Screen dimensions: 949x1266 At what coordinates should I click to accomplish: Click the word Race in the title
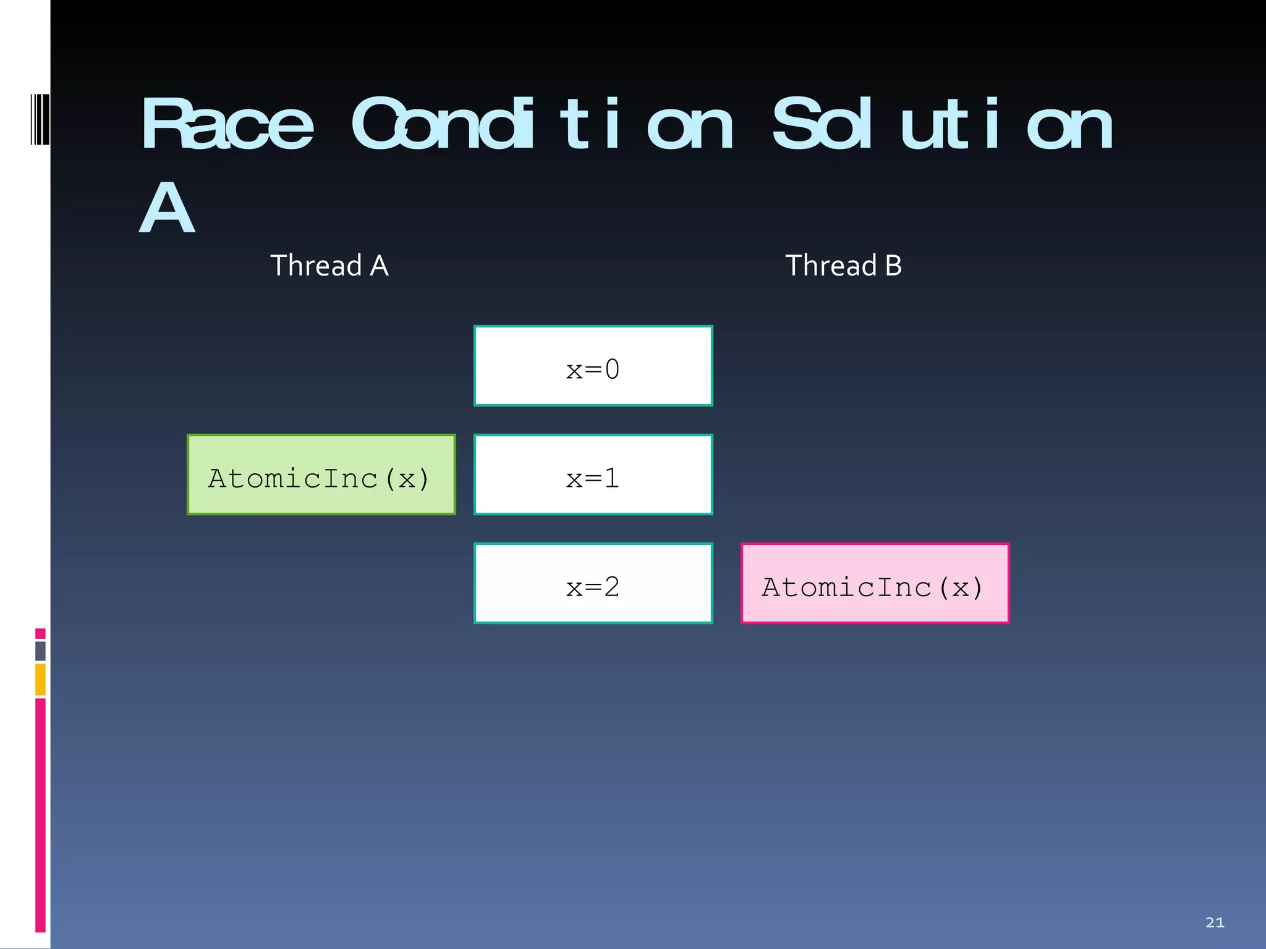227,125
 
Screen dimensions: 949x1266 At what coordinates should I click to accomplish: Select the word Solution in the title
943,125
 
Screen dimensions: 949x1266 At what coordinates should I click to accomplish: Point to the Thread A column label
329,266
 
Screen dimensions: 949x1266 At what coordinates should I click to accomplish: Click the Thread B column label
843,266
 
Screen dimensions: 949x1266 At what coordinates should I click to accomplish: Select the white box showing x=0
593,366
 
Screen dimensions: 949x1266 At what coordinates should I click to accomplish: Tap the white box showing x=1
593,474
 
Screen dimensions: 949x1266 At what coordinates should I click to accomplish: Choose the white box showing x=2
593,583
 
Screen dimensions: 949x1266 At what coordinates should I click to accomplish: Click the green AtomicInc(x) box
321,474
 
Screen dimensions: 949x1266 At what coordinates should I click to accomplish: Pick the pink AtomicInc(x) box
875,583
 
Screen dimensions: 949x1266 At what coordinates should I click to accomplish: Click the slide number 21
1215,922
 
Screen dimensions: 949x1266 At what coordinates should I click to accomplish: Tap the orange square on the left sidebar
40,679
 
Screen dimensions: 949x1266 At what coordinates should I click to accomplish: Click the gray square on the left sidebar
40,651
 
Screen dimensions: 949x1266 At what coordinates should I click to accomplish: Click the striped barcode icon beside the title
40,119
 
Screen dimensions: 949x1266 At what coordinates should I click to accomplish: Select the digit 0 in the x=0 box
612,369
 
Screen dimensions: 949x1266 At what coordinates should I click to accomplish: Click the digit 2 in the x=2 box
612,587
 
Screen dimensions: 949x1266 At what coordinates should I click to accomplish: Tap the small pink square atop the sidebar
40,633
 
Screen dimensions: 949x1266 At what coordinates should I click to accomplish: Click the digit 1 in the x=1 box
612,478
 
